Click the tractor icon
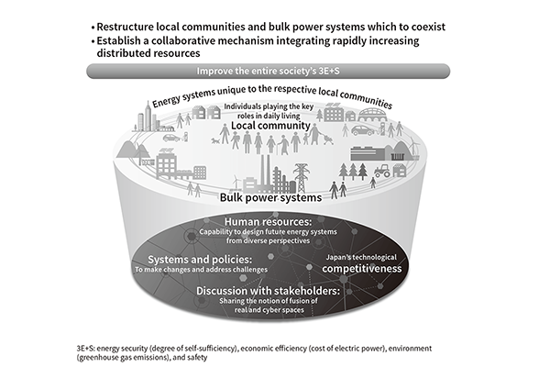[x=382, y=171]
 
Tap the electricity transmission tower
[x=301, y=178]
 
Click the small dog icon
[x=215, y=140]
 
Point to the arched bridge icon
[x=371, y=115]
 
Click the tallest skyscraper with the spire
[x=148, y=116]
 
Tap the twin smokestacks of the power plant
[x=266, y=172]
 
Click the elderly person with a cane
[x=283, y=145]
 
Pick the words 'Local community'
[x=270, y=126]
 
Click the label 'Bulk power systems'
[x=270, y=197]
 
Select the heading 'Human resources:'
[x=268, y=222]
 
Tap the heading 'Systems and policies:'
[x=200, y=260]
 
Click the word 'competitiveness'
[x=362, y=269]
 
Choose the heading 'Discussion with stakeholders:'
[x=268, y=291]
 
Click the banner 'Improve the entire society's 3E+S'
[x=268, y=71]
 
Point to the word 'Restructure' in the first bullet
[x=126, y=27]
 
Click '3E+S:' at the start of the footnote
[x=85, y=349]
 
